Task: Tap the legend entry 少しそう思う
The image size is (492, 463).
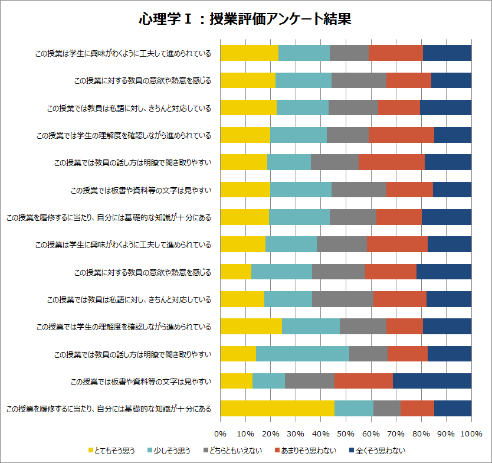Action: pos(172,451)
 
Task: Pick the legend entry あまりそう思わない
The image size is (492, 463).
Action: pos(309,451)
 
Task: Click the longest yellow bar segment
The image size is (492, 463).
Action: pos(277,408)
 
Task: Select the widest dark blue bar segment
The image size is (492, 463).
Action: pos(432,381)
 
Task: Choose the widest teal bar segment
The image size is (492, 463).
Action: pos(302,354)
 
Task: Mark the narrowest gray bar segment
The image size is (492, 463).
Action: pos(387,408)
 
